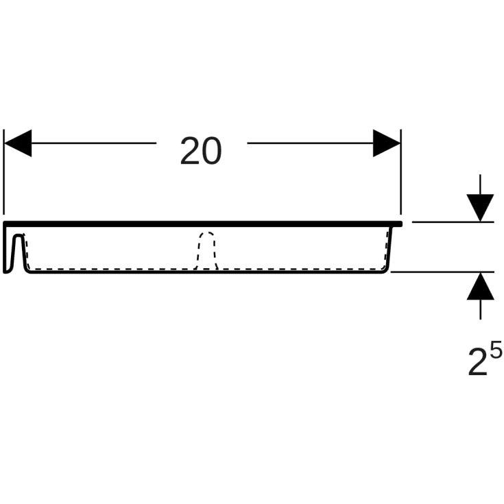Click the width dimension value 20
tap(201, 150)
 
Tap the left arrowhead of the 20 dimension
tap(18, 143)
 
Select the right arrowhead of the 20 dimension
tap(387, 143)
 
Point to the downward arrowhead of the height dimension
tap(480, 208)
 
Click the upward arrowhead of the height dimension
tap(480, 286)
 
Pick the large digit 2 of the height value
tap(478, 362)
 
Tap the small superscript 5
tap(496, 350)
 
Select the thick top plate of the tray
tap(202, 224)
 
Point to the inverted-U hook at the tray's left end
tap(19, 236)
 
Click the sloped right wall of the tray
tap(389, 248)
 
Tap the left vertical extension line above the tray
tap(3, 171)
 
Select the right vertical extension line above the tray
tap(401, 171)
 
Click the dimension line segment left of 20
tap(94, 143)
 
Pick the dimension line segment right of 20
tap(310, 143)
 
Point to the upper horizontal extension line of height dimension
tap(453, 221)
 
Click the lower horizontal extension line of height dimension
tap(442, 272)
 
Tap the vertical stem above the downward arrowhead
tap(480, 184)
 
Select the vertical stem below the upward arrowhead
tap(480, 309)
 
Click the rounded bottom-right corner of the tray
tap(385, 270)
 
